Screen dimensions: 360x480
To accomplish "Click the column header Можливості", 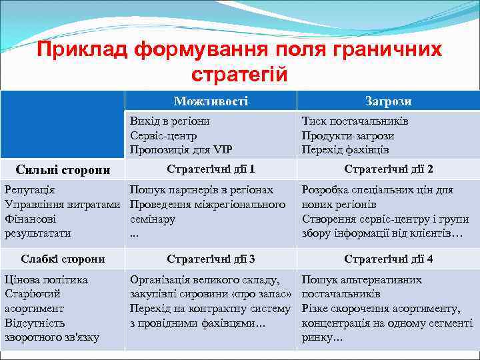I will click(211, 101).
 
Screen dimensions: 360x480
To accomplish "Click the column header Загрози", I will click(388, 101).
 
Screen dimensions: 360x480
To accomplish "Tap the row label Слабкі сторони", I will click(63, 259).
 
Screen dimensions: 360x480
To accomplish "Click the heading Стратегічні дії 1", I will click(211, 169).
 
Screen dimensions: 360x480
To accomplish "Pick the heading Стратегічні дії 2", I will click(388, 169).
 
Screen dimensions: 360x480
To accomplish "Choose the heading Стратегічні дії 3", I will click(211, 259).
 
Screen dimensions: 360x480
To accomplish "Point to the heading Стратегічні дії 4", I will click(388, 259).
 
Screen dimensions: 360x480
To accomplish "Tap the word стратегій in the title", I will click(239, 73).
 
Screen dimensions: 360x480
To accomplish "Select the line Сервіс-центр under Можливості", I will click(163, 135).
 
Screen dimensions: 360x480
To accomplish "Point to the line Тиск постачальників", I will click(355, 121).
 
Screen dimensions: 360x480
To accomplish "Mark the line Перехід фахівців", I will click(345, 149).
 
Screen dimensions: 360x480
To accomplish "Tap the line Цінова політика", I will click(46, 280).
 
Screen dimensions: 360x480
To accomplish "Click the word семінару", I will click(153, 219).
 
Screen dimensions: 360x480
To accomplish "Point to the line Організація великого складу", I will click(205, 280).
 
